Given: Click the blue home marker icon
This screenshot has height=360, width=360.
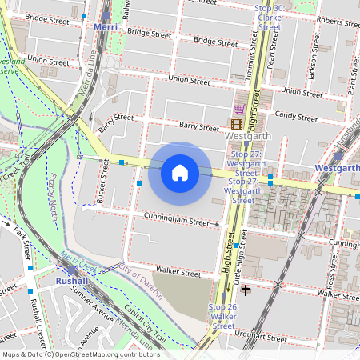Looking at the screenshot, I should [180, 173].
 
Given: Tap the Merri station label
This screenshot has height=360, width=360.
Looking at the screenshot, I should [106, 26].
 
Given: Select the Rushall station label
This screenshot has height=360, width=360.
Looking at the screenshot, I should [71, 282].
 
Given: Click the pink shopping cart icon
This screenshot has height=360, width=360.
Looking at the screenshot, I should [238, 109].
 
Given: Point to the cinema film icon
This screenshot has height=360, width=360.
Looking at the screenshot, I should [236, 124].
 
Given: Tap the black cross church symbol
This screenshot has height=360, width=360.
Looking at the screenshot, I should [246, 290].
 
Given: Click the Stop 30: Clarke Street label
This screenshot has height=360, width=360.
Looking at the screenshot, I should [268, 17].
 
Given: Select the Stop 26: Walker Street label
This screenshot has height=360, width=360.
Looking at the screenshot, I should [223, 316].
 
